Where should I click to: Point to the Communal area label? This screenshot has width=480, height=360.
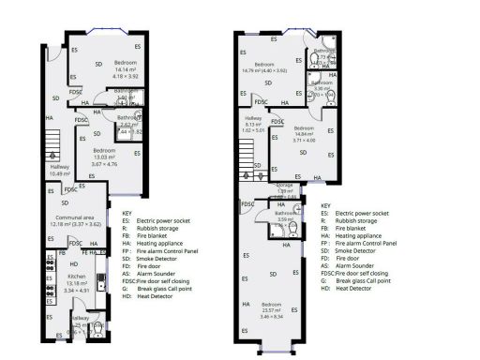(68, 220)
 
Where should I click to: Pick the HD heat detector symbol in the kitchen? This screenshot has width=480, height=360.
(73, 263)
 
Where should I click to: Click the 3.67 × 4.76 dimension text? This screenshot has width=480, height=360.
(104, 165)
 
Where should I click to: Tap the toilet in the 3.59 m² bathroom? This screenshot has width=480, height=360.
(292, 228)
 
